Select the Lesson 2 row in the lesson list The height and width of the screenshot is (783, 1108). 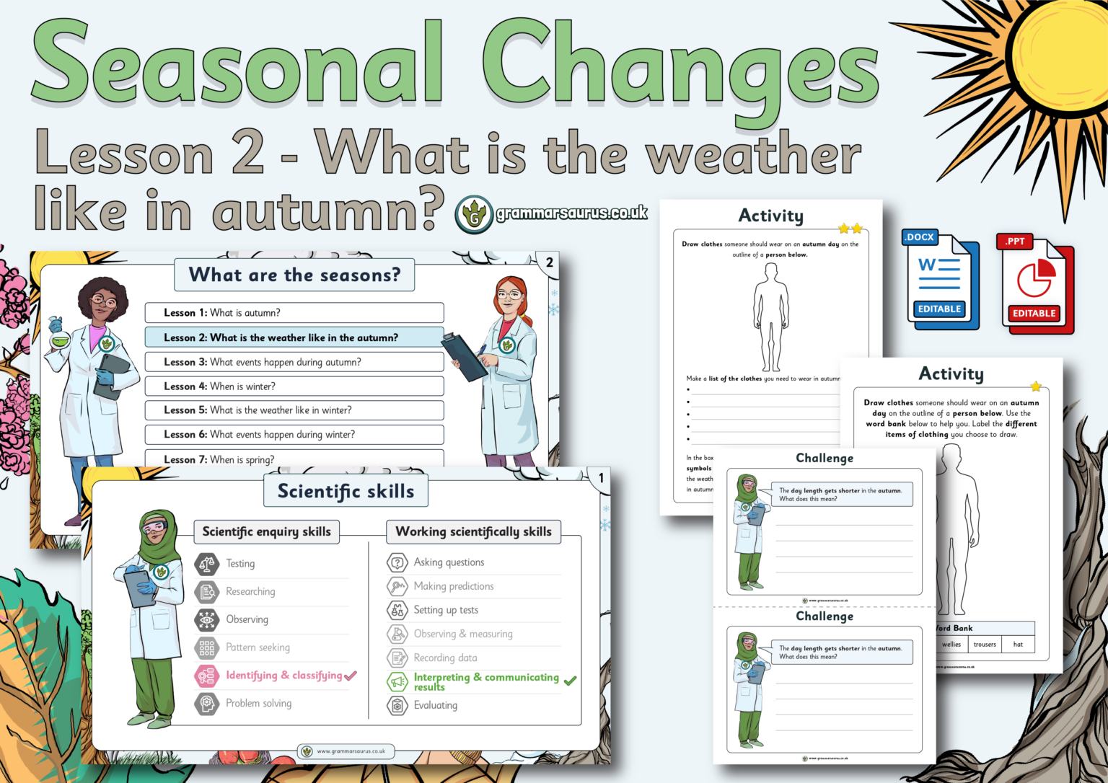(294, 337)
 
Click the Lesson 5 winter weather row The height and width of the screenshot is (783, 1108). (294, 410)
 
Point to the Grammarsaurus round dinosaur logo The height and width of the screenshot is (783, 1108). (474, 214)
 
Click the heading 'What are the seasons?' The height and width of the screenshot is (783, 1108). (294, 275)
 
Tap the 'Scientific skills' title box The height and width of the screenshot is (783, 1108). (346, 491)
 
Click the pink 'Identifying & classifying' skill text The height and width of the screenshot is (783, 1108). (283, 676)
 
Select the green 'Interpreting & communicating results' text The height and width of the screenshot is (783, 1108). (485, 681)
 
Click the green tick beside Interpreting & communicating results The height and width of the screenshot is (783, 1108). (570, 681)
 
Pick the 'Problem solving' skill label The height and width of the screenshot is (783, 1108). (258, 703)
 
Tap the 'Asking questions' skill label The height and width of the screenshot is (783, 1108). (449, 562)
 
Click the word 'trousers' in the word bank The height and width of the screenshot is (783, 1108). (985, 645)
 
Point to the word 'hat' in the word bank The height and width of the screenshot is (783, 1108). (1018, 645)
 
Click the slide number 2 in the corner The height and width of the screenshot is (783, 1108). (549, 262)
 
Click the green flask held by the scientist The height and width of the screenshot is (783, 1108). (58, 335)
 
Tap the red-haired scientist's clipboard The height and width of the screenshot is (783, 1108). (463, 357)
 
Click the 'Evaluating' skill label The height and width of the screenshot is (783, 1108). (435, 705)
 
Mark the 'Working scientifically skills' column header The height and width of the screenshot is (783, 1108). (473, 531)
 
